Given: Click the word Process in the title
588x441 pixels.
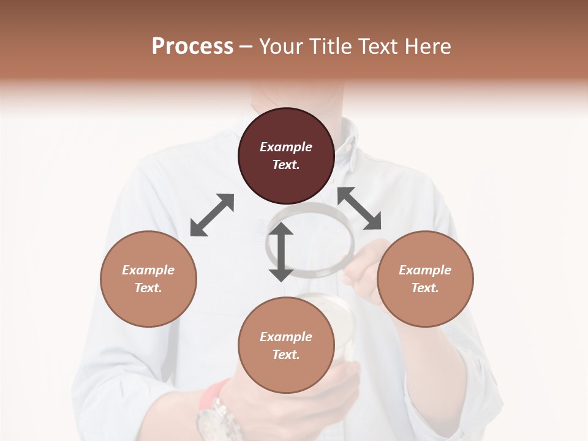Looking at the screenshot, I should coord(192,47).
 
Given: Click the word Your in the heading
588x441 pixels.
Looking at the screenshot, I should coord(282,47).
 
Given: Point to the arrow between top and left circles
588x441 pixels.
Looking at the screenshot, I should coord(212,215).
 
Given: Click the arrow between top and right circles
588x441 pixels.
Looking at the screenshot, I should coord(359,208).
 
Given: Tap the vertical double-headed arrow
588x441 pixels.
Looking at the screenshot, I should coord(281,252).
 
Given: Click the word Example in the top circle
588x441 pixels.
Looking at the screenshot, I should coord(286,147).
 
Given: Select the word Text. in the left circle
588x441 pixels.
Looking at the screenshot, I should coord(148,288).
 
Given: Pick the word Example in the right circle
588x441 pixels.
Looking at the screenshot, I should coord(425,270).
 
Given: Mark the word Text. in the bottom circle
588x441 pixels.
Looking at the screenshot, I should coord(286,355).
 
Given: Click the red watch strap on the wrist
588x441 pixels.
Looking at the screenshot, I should coord(211,393).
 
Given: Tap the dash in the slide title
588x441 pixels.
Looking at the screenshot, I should coord(246,47).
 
